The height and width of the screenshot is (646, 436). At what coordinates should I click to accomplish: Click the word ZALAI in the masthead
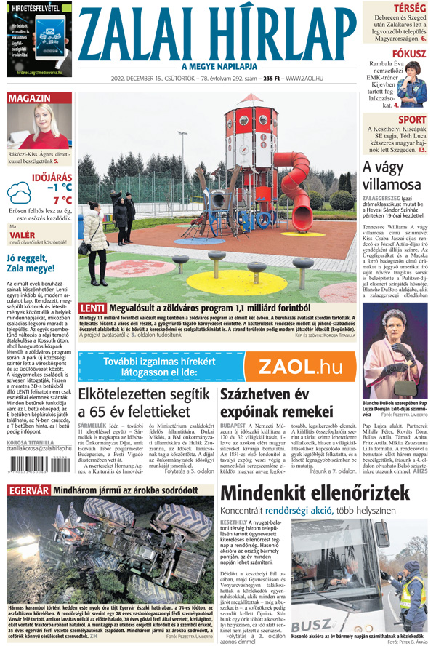pyautogui.click(x=129, y=34)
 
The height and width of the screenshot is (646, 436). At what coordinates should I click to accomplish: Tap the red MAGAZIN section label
pyautogui.click(x=29, y=98)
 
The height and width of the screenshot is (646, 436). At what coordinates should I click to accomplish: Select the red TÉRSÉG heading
pyautogui.click(x=410, y=8)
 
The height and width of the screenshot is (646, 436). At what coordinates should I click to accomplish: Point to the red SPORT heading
pyautogui.click(x=412, y=120)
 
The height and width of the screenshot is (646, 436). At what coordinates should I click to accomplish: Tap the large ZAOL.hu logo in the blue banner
pyautogui.click(x=301, y=367)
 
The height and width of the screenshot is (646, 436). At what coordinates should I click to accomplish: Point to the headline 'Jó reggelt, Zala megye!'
pyautogui.click(x=36, y=263)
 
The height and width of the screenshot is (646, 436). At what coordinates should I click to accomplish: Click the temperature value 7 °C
pyautogui.click(x=62, y=199)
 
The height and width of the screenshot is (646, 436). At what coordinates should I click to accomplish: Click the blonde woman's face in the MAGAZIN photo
pyautogui.click(x=40, y=121)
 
